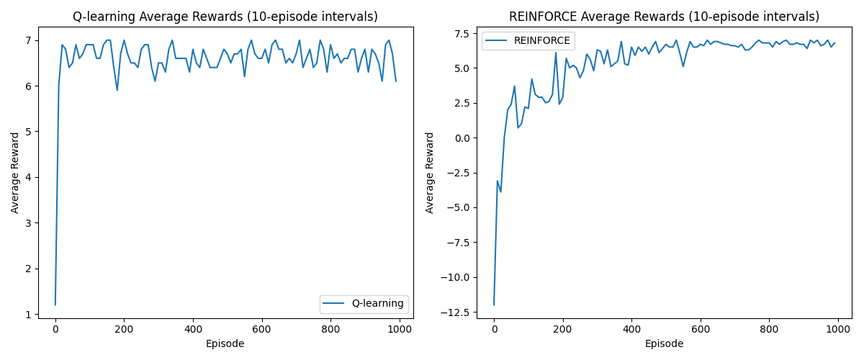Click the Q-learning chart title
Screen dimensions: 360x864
point(225,17)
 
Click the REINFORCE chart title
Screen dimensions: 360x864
point(664,17)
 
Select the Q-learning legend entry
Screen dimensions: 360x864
point(377,304)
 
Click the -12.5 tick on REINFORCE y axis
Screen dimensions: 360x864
point(459,312)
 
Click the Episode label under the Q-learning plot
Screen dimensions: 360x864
point(225,344)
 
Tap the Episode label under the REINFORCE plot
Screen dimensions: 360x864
point(664,344)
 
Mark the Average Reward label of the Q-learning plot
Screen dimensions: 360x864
point(15,173)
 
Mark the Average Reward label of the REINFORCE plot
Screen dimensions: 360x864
point(431,173)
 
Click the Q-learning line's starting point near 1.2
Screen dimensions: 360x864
point(55,305)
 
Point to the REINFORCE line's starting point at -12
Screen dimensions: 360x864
point(494,305)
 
